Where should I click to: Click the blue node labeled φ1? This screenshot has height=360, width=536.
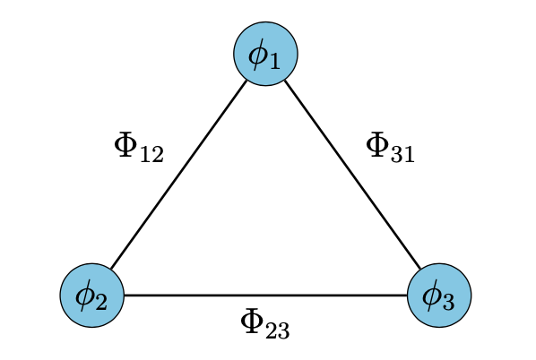(265, 54)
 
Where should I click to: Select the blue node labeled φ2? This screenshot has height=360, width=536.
(91, 296)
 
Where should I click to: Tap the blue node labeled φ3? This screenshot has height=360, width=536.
(439, 296)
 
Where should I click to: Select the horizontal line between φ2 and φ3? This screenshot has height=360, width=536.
(265, 296)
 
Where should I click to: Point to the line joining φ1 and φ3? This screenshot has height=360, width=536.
(353, 176)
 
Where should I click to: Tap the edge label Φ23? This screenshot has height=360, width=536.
(265, 323)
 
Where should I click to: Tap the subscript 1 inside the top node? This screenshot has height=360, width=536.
(275, 61)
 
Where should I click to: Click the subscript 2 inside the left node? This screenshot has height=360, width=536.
(100, 303)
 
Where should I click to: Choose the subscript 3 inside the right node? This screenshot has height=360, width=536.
(448, 303)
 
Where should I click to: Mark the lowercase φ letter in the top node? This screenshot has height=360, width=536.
(259, 54)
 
